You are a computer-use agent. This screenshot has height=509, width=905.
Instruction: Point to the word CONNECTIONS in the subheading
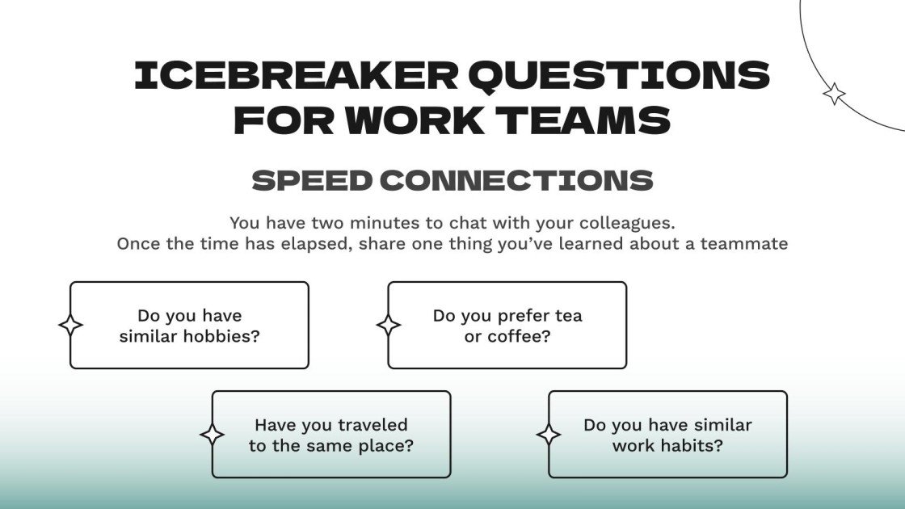pyautogui.click(x=516, y=180)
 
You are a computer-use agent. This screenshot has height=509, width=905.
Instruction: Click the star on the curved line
pyautogui.click(x=834, y=94)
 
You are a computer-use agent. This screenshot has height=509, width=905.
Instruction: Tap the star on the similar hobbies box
pyautogui.click(x=70, y=325)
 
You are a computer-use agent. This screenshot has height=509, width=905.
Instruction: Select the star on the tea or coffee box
pyautogui.click(x=389, y=325)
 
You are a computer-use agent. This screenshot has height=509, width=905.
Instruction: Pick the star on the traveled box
pyautogui.click(x=213, y=435)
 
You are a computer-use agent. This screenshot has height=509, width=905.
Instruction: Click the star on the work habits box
pyautogui.click(x=549, y=435)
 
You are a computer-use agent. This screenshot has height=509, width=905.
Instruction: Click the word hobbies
pyautogui.click(x=221, y=335)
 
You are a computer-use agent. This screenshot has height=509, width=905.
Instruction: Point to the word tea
pyautogui.click(x=569, y=316)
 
